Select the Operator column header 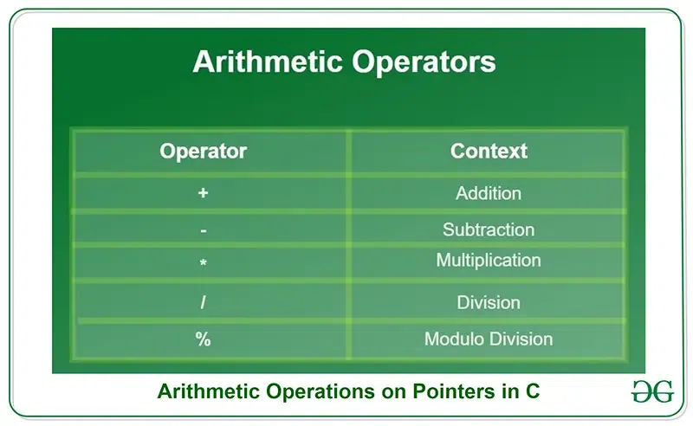pos(204,152)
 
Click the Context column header pos(489,152)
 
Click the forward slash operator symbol pos(204,303)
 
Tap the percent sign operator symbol pos(204,339)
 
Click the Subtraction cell pos(489,230)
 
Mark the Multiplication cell pos(489,261)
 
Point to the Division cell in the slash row pos(489,303)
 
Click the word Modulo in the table pos(455,339)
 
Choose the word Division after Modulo pos(521,339)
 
